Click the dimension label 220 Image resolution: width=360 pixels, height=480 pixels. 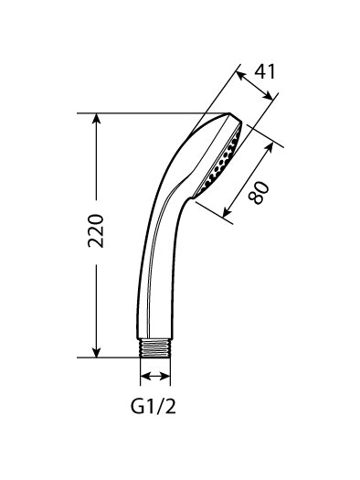(96, 230)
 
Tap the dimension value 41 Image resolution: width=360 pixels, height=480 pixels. (265, 72)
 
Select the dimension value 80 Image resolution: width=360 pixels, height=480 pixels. (259, 193)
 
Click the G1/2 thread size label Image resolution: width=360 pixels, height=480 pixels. (154, 406)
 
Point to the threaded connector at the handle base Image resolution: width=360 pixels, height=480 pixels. (154, 347)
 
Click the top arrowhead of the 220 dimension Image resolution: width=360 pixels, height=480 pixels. (97, 118)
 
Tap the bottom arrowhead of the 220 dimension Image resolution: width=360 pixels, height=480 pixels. (97, 352)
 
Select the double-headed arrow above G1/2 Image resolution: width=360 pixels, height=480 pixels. (155, 376)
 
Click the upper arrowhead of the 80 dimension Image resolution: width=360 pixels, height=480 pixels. (269, 147)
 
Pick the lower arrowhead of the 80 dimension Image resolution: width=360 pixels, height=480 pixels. (228, 212)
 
